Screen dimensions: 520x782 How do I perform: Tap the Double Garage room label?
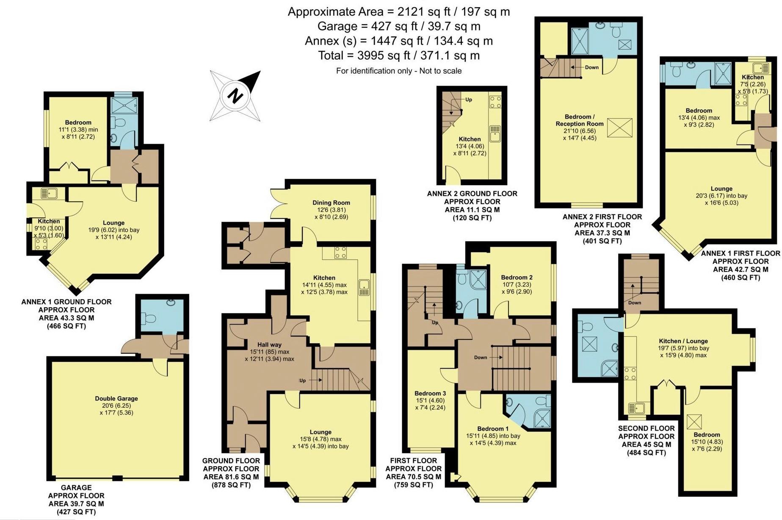tap(116, 398)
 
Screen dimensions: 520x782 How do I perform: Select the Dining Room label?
tap(331, 203)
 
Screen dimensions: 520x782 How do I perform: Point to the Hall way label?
tap(269, 345)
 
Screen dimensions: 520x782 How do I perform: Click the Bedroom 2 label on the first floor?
tap(517, 277)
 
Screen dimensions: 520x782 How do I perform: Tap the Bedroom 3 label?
tap(430, 393)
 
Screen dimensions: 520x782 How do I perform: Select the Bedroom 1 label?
tap(493, 428)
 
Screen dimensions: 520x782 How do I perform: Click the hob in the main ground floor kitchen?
tap(340, 253)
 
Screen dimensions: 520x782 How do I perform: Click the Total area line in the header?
tap(398, 56)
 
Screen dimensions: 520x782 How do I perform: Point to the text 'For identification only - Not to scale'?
tap(398, 71)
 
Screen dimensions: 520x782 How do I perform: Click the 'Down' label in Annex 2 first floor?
tap(591, 67)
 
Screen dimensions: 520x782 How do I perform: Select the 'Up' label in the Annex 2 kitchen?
tap(468, 100)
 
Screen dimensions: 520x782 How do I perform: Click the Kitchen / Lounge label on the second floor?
tap(683, 341)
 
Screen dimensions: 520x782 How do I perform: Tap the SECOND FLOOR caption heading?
tap(646, 428)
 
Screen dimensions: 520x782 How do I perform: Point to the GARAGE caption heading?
tap(76, 488)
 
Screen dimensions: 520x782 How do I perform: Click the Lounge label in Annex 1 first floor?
tap(721, 189)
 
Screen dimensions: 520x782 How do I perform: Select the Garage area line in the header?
tap(398, 26)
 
